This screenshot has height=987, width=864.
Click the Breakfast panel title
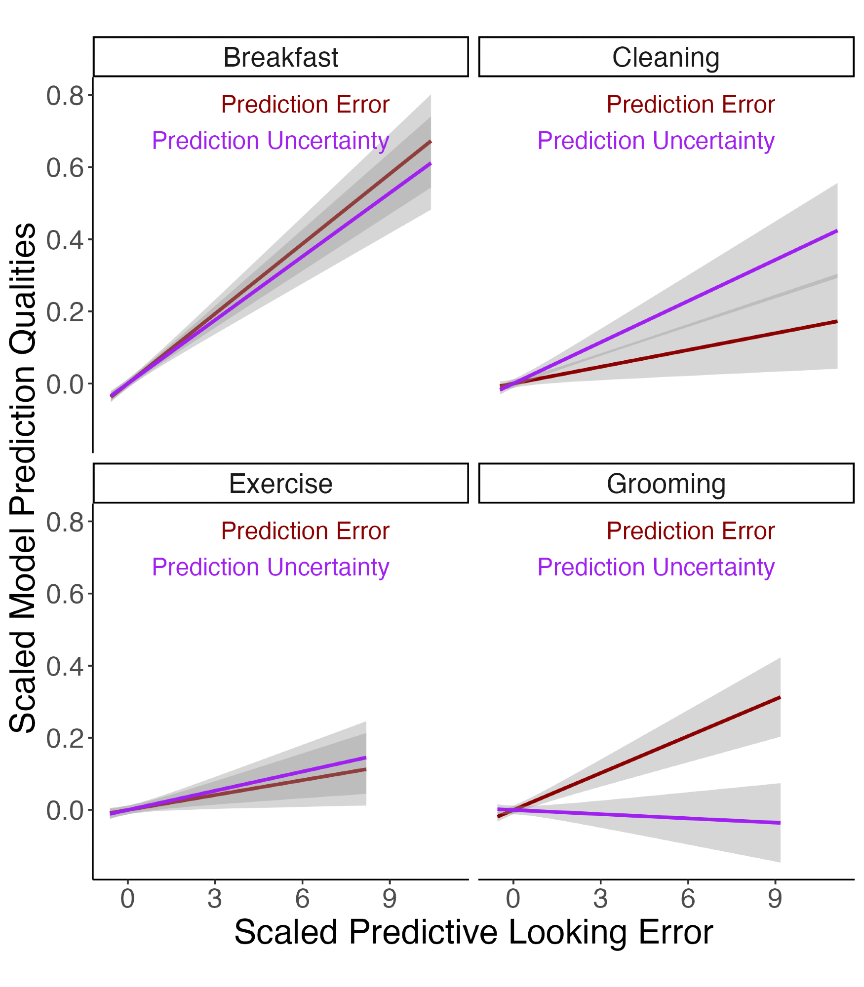point(280,57)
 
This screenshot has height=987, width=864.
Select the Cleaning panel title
point(666,57)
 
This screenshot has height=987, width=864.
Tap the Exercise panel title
point(280,484)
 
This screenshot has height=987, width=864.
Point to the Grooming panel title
point(666,484)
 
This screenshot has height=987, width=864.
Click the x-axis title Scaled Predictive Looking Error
point(473,932)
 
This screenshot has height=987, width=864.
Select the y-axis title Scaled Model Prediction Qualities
point(23,477)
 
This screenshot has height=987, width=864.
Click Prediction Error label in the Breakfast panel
point(305,105)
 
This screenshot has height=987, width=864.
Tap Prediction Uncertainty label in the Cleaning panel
point(656,141)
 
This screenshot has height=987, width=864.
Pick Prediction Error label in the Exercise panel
point(305,531)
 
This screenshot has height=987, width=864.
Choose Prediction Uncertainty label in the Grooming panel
point(656,567)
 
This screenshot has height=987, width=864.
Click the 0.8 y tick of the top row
point(66,96)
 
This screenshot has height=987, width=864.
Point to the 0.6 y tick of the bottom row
point(66,594)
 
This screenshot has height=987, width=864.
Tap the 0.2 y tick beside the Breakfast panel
point(66,312)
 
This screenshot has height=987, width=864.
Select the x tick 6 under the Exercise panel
point(302,899)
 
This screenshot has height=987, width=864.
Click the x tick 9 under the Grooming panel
point(775,899)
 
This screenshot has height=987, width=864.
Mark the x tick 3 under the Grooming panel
point(600,899)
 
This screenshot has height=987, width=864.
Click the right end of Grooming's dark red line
point(780,697)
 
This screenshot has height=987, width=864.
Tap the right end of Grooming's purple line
point(780,823)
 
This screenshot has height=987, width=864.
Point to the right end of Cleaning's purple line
point(837,231)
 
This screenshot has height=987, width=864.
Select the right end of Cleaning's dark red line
point(837,321)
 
